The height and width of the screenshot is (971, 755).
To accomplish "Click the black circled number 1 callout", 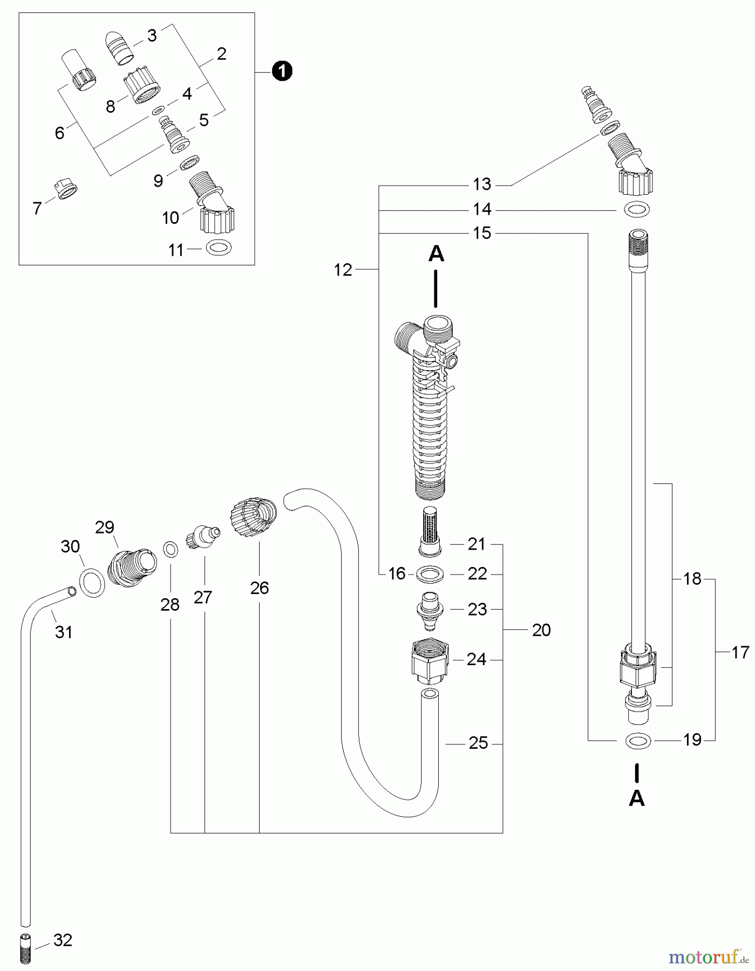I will [282, 71].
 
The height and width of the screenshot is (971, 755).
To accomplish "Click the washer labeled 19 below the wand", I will [637, 741].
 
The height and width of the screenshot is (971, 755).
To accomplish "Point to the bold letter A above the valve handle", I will [436, 254].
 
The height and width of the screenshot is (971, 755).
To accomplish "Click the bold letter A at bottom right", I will [637, 798].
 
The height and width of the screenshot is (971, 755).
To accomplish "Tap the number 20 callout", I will [541, 630].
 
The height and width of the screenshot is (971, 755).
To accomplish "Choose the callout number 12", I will [343, 270].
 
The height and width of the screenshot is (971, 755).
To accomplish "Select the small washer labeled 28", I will [171, 550].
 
